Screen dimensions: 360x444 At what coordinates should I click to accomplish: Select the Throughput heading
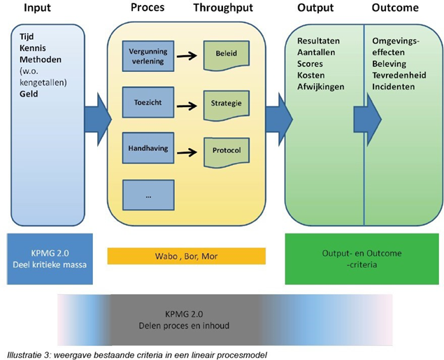coord(223,9)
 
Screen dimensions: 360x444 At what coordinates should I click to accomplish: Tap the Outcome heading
coord(396,9)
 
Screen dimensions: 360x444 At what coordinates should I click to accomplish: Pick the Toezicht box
coord(148,103)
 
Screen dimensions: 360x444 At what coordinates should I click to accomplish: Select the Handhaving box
coord(148,149)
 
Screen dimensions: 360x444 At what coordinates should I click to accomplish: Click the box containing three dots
coord(148,196)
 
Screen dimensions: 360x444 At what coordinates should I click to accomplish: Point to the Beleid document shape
coord(226,54)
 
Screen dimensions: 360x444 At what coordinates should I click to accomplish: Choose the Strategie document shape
coord(226,103)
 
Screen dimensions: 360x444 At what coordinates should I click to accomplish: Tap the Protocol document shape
coord(226,150)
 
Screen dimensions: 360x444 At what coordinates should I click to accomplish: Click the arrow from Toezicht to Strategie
coord(187,106)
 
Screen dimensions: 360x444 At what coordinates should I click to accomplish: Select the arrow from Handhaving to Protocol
coord(187,151)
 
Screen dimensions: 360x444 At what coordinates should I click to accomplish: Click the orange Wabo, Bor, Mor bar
coord(187,256)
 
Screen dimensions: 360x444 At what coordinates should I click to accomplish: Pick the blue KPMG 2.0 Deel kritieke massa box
coord(49,259)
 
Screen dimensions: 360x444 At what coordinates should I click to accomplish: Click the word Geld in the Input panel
coord(29,93)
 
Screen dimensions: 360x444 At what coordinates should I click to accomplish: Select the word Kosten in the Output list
coord(311,75)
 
